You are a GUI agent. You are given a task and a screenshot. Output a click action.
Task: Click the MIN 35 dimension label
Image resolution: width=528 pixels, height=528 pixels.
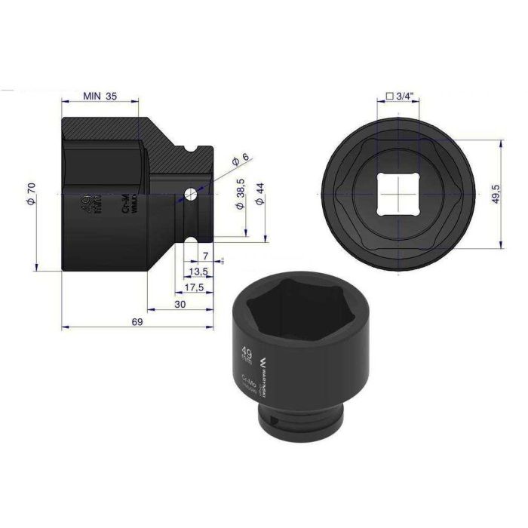point(99,97)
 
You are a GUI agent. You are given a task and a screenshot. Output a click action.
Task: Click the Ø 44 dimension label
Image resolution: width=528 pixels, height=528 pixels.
point(261,197)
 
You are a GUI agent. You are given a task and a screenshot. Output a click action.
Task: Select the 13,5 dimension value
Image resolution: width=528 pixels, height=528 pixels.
point(199,272)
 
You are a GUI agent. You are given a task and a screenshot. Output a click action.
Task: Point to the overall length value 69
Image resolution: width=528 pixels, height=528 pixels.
point(137,322)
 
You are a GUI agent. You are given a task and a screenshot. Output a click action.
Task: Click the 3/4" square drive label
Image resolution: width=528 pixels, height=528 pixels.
point(400,96)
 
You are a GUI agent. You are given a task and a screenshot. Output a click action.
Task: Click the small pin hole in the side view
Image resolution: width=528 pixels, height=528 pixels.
point(189,195)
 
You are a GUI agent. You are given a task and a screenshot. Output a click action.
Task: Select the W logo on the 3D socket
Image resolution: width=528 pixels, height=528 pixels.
point(263,361)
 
